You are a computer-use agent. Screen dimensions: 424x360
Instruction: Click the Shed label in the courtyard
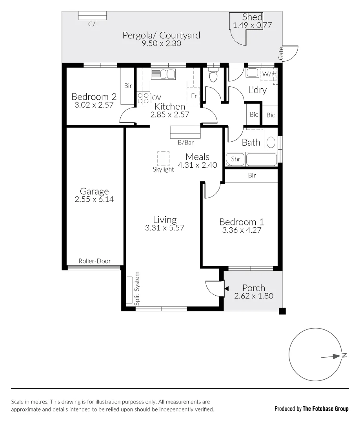coord(252,17)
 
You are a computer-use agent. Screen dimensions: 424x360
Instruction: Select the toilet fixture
coord(213,75)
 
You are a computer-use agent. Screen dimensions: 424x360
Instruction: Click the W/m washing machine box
coord(269,74)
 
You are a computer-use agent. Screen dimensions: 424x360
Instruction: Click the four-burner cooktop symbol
coord(143,98)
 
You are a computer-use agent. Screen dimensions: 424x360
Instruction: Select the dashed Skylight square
coord(163,159)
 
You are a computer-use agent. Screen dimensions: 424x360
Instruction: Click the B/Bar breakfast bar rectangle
coord(185,132)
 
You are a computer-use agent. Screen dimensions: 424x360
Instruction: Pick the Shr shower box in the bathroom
coord(235,159)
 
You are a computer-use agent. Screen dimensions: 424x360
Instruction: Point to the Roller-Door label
coord(95,261)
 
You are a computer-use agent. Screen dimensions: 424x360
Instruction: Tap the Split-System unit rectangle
coord(129,290)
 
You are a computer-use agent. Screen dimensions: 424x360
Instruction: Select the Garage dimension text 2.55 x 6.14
coord(94,199)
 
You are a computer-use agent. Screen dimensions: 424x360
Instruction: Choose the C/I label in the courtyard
coord(92,24)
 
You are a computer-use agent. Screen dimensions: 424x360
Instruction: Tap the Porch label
coord(253,288)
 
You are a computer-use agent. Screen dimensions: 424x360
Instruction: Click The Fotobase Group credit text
coord(325,409)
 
